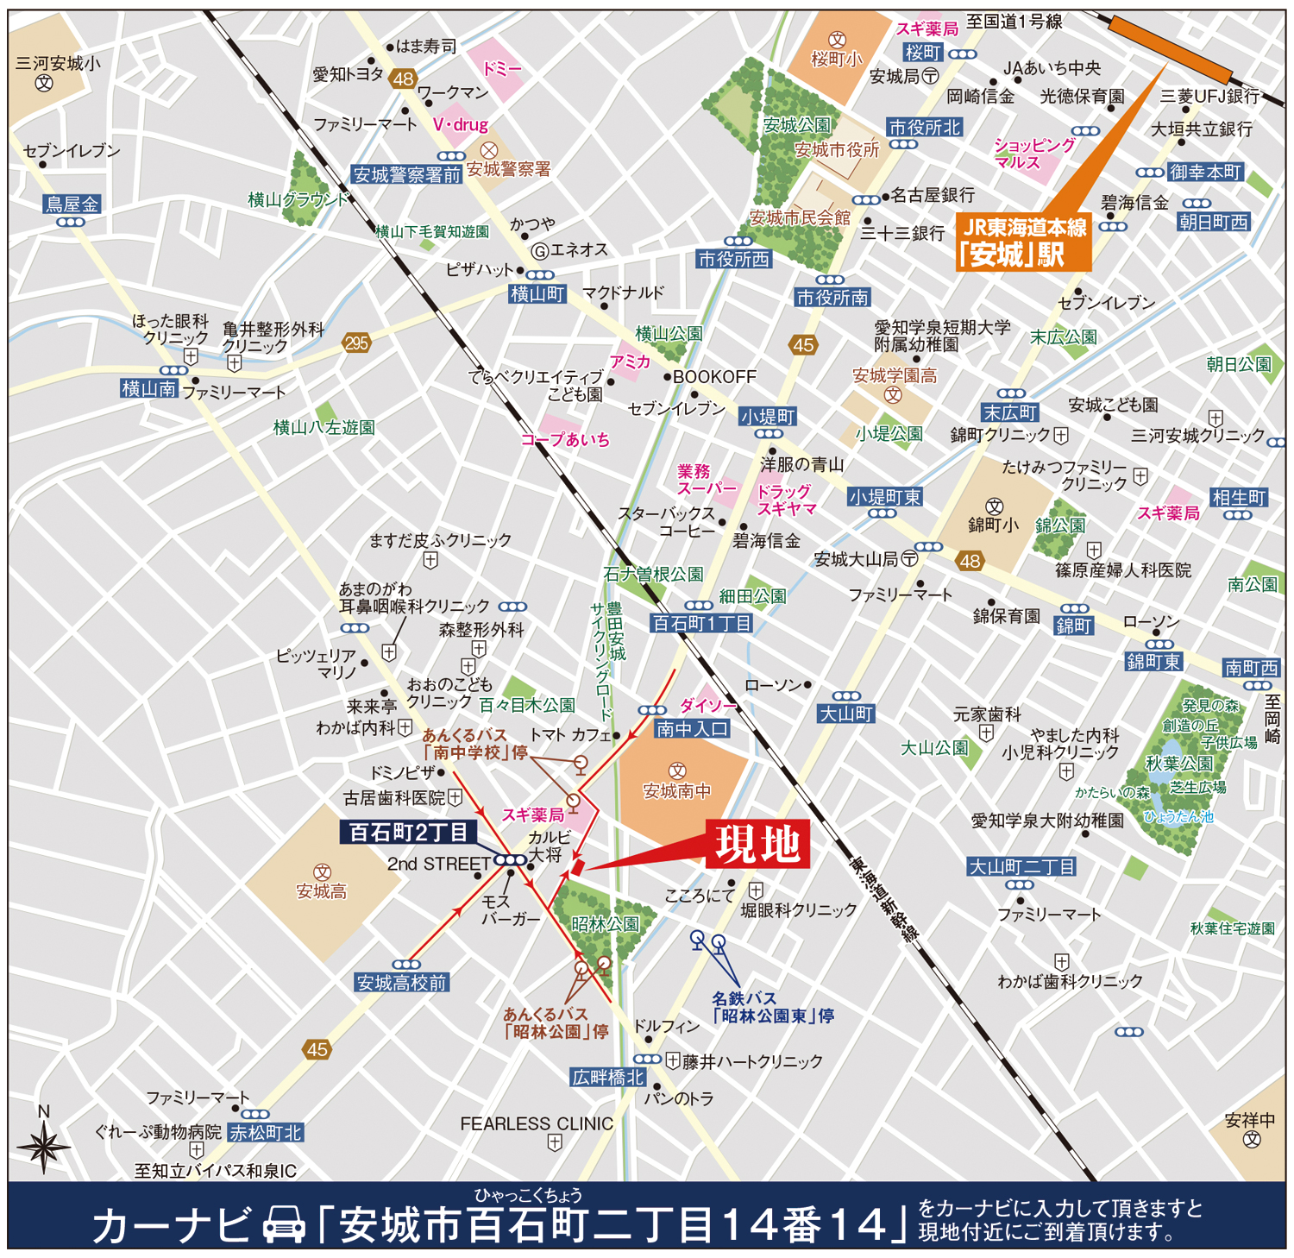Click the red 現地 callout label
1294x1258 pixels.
[x=757, y=843]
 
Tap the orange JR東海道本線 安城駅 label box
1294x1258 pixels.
[x=1024, y=242]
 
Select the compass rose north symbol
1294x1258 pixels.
[x=43, y=1146]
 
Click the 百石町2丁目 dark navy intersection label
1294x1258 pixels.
[x=408, y=833]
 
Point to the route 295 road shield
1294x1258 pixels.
[x=356, y=343]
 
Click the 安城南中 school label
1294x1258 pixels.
[x=677, y=790]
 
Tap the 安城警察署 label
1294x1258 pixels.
[x=508, y=169]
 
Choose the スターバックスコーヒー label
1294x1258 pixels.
[x=667, y=522]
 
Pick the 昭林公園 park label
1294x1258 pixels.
[x=605, y=924]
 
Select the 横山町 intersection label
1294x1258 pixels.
[x=537, y=294]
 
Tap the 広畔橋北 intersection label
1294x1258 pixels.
[x=608, y=1078]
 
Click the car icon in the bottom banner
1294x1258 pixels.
[x=284, y=1223]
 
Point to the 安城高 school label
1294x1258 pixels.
[x=321, y=891]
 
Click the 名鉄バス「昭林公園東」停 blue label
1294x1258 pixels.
[x=772, y=1007]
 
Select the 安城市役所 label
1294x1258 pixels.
[x=836, y=150]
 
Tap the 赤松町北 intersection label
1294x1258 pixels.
[x=266, y=1133]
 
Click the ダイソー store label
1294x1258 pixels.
[x=708, y=706]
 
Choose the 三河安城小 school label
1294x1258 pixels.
[x=58, y=64]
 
